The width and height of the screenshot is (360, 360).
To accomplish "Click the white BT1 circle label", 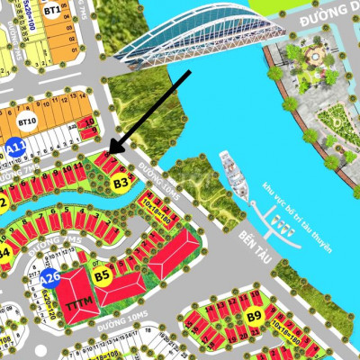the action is (52, 11).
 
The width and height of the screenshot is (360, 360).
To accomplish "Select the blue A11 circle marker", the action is (14, 148).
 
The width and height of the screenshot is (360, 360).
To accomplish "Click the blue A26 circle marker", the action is (50, 280).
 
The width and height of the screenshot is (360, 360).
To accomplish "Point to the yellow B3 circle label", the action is (121, 184).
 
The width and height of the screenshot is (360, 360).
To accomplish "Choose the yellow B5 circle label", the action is (102, 274).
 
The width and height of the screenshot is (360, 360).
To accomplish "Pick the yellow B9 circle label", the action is (255, 316).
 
